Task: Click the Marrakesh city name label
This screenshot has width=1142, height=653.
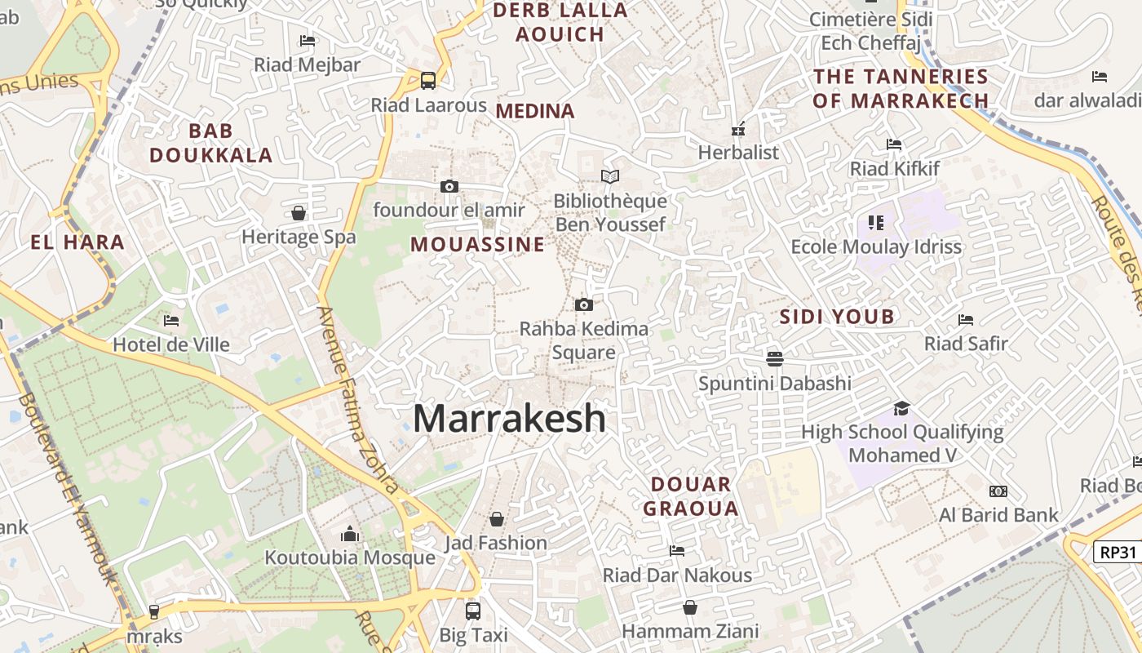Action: click(x=510, y=419)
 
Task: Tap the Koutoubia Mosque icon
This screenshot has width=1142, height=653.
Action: click(x=351, y=534)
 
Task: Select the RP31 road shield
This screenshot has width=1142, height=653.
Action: click(x=1118, y=553)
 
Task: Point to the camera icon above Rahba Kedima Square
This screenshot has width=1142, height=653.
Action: click(x=583, y=305)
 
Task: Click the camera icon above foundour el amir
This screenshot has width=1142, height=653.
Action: click(x=449, y=187)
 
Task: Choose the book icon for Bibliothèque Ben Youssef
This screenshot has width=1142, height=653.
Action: click(x=610, y=176)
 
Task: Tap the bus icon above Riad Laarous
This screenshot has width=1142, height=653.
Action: click(x=428, y=81)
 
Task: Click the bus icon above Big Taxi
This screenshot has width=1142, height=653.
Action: click(x=473, y=611)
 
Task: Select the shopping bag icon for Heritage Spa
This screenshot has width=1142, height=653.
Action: click(x=299, y=213)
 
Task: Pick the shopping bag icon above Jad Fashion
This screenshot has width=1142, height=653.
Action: click(x=496, y=519)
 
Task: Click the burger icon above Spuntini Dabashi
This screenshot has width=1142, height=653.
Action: click(x=774, y=358)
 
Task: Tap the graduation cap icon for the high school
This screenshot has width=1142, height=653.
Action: click(x=901, y=408)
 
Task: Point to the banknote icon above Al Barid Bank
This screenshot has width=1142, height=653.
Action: click(x=998, y=491)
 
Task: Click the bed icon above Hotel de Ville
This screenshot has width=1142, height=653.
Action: click(x=171, y=321)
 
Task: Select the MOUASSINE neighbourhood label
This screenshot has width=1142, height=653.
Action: click(x=477, y=245)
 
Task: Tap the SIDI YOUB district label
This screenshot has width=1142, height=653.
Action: click(x=837, y=317)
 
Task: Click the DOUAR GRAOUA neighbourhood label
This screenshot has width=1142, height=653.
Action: click(x=690, y=496)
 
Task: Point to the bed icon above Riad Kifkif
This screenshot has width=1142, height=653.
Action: click(x=894, y=145)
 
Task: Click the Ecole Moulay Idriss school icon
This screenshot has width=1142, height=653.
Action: click(x=876, y=222)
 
